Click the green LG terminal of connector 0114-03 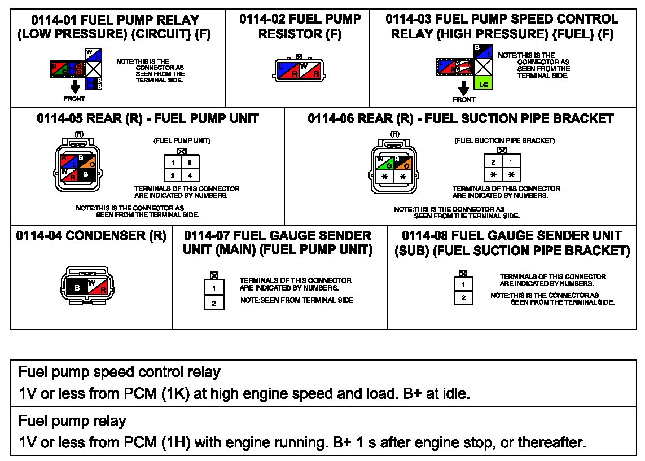(482, 84)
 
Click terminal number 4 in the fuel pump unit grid (190, 176)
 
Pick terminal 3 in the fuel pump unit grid (173, 176)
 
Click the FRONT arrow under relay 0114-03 (464, 88)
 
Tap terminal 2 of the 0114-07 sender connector (214, 303)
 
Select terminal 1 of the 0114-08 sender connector (463, 284)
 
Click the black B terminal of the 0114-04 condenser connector (77, 288)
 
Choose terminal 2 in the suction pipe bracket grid (493, 162)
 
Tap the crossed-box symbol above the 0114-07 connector (214, 275)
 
